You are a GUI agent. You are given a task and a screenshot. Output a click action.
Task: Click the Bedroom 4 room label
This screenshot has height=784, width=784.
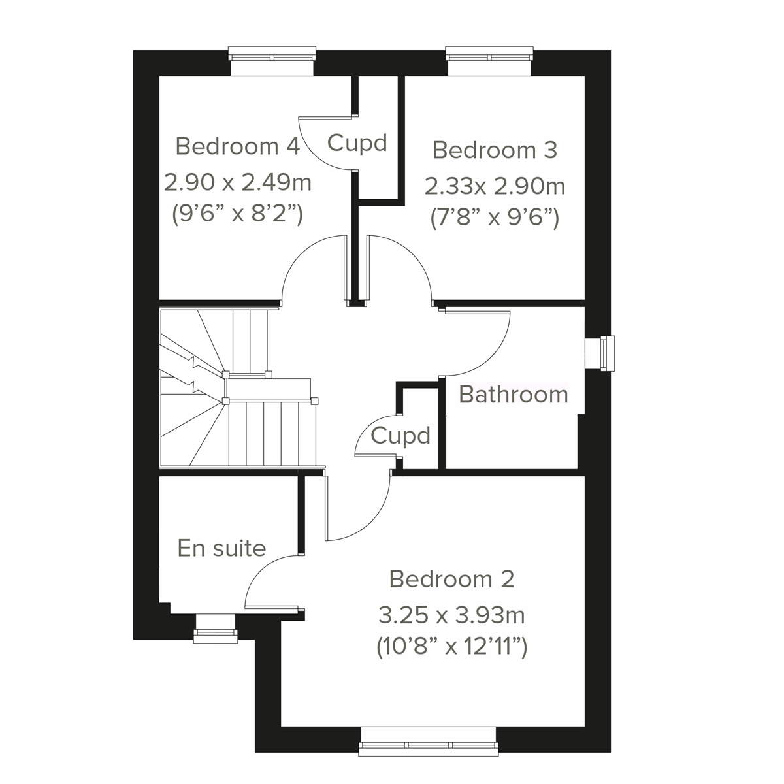click(x=237, y=146)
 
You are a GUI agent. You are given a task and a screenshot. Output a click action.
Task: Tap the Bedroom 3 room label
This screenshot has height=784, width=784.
click(x=495, y=150)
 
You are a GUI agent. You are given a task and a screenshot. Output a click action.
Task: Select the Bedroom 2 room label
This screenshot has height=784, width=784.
click(x=451, y=579)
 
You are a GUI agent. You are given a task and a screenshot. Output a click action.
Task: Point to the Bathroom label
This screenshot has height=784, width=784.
click(x=514, y=395)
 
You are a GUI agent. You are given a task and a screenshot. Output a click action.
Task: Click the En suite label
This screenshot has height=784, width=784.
click(x=222, y=548)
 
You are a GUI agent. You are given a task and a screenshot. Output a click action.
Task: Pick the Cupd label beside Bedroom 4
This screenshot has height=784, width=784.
click(x=357, y=142)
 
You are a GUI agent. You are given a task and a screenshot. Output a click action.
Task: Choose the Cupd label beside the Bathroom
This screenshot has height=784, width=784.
click(x=400, y=435)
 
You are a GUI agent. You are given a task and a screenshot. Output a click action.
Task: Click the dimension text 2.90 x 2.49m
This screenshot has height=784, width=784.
click(x=237, y=182)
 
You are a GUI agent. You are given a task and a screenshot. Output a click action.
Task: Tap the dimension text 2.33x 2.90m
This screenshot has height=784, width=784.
click(x=495, y=186)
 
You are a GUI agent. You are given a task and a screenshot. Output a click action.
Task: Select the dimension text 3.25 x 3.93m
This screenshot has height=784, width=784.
click(x=451, y=615)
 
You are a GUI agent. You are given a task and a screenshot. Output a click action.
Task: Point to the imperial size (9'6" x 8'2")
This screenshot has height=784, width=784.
click(x=237, y=214)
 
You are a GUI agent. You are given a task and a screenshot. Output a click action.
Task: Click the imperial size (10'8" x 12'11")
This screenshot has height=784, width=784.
click(x=451, y=647)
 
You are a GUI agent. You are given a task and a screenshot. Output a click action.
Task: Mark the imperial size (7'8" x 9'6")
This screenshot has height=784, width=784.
click(x=495, y=218)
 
